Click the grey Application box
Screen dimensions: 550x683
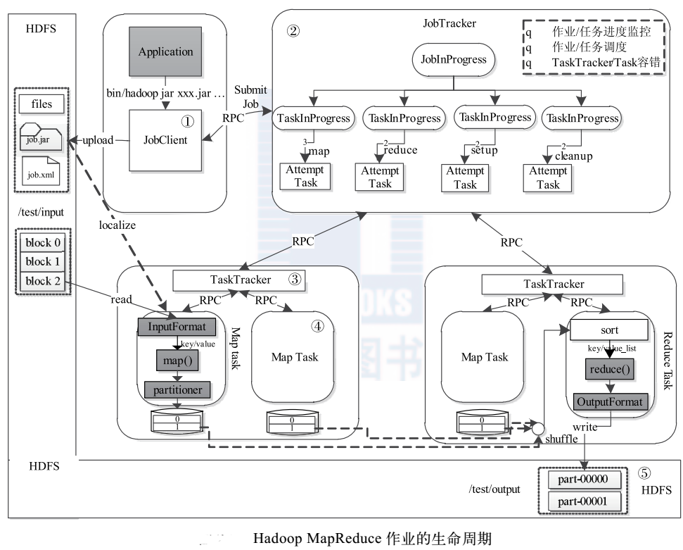(165, 51)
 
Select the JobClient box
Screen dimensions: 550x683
(165, 139)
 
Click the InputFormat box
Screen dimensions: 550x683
(177, 327)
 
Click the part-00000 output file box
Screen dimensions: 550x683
(578, 481)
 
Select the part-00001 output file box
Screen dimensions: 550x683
(578, 503)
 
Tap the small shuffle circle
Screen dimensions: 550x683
(538, 427)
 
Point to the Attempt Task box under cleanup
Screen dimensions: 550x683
(549, 177)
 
